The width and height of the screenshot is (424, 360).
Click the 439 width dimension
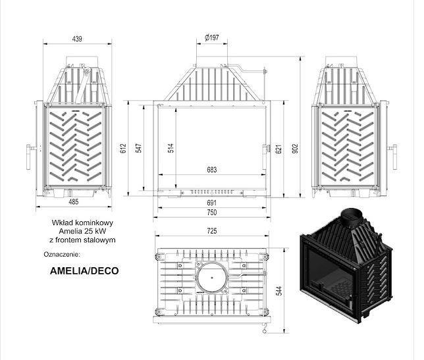click(x=77, y=39)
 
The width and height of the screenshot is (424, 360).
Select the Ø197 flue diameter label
click(x=212, y=38)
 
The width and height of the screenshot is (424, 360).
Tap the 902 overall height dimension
click(x=295, y=149)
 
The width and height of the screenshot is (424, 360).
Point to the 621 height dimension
click(x=278, y=149)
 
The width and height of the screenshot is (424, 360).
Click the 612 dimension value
click(x=123, y=148)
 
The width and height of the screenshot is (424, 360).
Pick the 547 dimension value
click(x=138, y=148)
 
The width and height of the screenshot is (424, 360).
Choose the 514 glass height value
click(x=171, y=148)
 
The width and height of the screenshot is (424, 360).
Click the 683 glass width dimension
click(x=212, y=170)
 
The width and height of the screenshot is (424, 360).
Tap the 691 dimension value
click(x=212, y=203)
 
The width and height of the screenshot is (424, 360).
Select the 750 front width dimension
click(x=212, y=213)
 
